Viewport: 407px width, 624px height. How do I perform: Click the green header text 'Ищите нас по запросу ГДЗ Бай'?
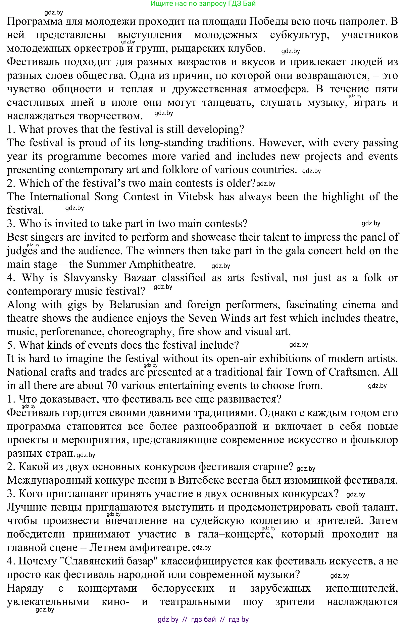203,4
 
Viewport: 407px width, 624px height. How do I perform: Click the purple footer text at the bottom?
203,620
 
